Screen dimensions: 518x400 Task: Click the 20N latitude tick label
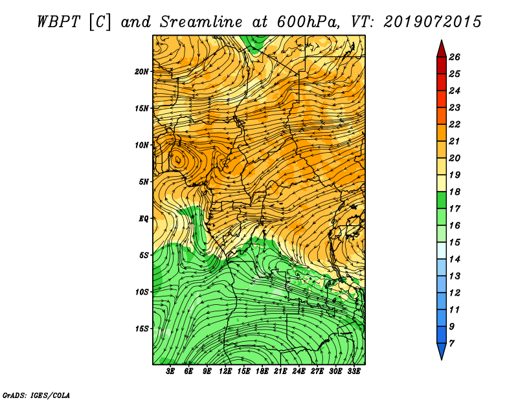(142, 72)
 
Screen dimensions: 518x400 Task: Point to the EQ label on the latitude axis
(143, 219)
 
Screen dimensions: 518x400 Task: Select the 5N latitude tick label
(144, 182)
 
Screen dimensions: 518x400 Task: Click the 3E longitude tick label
(170, 372)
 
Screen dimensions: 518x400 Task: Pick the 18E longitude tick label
(262, 372)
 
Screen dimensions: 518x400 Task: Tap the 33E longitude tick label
(354, 372)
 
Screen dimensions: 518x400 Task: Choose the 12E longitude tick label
(225, 372)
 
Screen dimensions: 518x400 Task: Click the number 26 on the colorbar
(455, 57)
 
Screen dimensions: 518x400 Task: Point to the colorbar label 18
(455, 192)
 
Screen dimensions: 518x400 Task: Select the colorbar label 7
(451, 344)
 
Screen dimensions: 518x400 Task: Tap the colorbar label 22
(455, 124)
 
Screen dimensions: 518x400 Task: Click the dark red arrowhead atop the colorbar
(442, 49)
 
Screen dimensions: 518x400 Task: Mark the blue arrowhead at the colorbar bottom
(442, 351)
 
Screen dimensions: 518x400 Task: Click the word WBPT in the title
(58, 22)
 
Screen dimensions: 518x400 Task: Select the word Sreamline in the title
(201, 22)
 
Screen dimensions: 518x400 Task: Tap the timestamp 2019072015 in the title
(433, 22)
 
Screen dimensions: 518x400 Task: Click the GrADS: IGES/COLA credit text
(36, 395)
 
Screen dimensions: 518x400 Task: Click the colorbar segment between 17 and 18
(442, 200)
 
